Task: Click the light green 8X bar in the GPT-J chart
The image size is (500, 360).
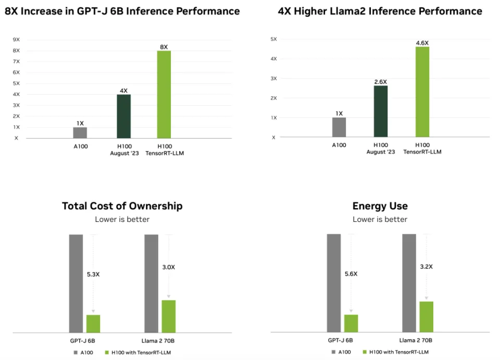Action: point(164,94)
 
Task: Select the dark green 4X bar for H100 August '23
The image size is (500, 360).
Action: point(123,116)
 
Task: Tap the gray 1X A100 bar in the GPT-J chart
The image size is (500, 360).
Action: point(80,132)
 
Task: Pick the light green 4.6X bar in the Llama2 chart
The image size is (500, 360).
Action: point(422,92)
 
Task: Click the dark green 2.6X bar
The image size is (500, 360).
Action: point(381,111)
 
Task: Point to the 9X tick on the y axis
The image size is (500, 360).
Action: point(16,39)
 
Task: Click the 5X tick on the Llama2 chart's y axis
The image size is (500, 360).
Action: point(273,39)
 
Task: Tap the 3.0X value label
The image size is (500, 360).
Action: point(169,267)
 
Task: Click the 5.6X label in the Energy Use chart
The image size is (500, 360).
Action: point(351,274)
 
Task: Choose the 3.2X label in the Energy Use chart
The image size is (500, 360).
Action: point(427,266)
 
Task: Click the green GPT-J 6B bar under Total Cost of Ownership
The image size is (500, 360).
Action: point(93,324)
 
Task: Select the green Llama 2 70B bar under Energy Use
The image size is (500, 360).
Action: point(426,317)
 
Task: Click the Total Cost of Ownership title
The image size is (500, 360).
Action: point(122,206)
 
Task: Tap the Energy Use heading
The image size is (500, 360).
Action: point(380,206)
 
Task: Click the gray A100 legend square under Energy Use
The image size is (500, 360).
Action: point(333,352)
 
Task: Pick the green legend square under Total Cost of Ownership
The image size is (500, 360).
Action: point(107,352)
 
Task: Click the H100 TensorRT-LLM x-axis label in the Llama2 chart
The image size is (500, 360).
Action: point(422,148)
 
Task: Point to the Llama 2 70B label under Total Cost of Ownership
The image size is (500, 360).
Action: point(159,340)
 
